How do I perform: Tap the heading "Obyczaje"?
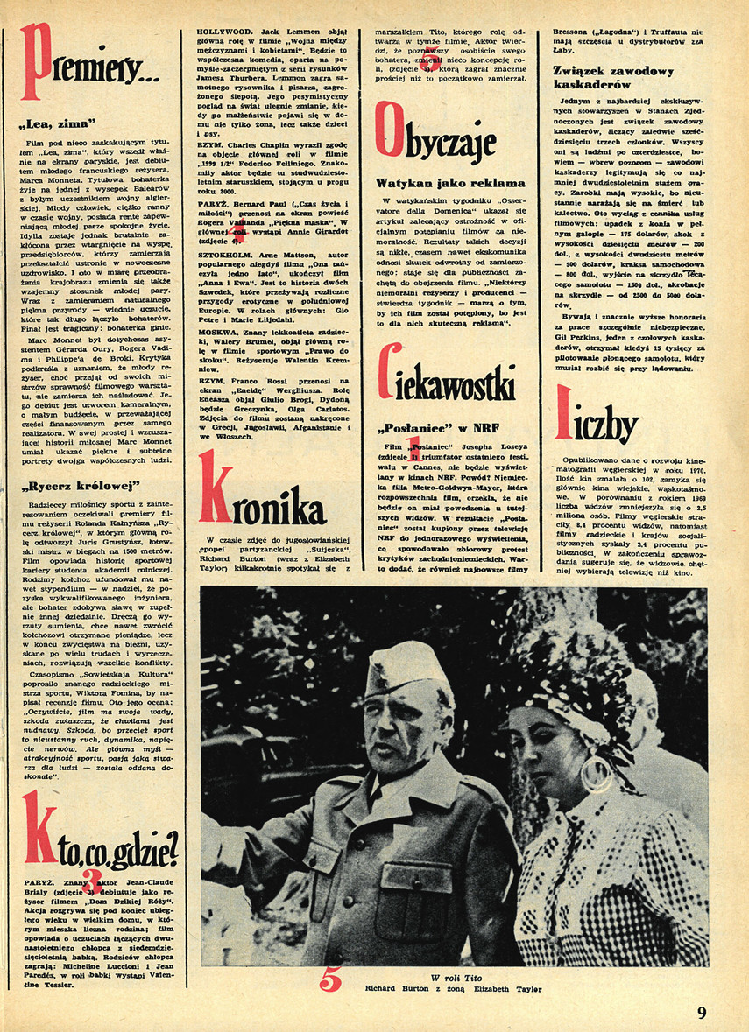435,140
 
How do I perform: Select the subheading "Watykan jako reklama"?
450,183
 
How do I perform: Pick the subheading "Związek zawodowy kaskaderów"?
614,78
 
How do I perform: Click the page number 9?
702,1013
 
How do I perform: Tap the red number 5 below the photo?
329,980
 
